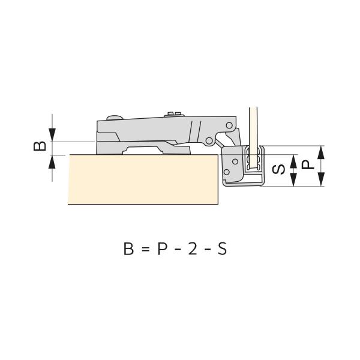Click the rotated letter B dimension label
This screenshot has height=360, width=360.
click(x=40, y=146)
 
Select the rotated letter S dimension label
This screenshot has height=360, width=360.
click(x=278, y=169)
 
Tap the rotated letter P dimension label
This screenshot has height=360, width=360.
click(x=308, y=165)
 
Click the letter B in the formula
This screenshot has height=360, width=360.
click(x=128, y=248)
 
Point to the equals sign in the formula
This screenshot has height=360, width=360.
click(x=146, y=250)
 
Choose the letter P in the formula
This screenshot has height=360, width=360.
click(x=162, y=248)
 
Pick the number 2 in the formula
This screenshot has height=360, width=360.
click(x=193, y=248)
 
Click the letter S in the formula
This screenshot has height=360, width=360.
click(x=222, y=248)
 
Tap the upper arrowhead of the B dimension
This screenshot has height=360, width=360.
click(x=52, y=135)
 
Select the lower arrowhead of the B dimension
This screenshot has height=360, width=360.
click(x=52, y=162)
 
